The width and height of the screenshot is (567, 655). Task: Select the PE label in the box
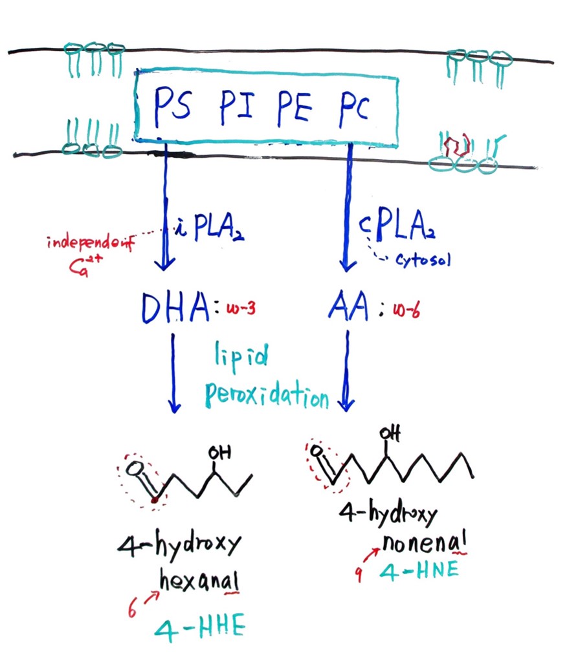pyautogui.click(x=291, y=107)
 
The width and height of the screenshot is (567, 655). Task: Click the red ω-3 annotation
pyautogui.click(x=240, y=310)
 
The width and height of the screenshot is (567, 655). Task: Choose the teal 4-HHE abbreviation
pyautogui.click(x=201, y=630)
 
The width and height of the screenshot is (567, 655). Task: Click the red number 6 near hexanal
pyautogui.click(x=132, y=609)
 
